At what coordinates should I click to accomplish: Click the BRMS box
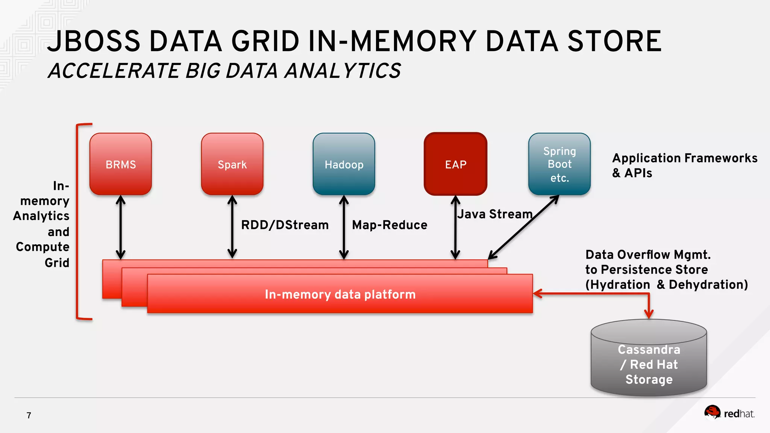(x=120, y=164)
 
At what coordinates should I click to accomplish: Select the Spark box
(x=232, y=164)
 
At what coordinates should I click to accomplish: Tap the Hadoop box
(x=344, y=164)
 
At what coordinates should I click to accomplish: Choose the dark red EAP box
(x=455, y=164)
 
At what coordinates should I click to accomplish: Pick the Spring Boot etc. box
(x=559, y=164)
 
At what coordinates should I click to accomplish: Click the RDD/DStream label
(x=285, y=225)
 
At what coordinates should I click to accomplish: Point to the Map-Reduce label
(x=390, y=225)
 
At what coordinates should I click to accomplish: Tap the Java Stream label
(x=494, y=214)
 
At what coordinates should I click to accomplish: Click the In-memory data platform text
(x=340, y=294)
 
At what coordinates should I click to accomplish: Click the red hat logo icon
(x=712, y=412)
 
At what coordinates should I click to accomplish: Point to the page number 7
(x=29, y=415)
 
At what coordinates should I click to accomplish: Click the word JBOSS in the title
(x=94, y=41)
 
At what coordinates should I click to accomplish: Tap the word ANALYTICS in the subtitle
(x=343, y=71)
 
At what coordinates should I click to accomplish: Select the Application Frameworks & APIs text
(x=684, y=165)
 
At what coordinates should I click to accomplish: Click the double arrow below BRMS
(x=120, y=227)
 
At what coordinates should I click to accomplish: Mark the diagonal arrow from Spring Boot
(x=524, y=227)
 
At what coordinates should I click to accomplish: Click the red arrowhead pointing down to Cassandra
(x=649, y=313)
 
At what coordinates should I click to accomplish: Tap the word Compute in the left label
(x=42, y=247)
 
